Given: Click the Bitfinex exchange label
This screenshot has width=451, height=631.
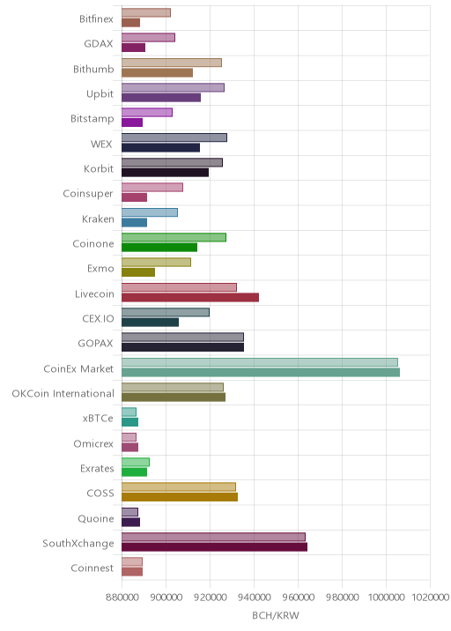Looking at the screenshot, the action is pyautogui.click(x=96, y=19).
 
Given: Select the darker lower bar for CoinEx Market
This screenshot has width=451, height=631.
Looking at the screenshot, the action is pyautogui.click(x=261, y=372).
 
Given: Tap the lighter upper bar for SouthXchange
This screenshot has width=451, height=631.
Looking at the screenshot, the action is pyautogui.click(x=214, y=537).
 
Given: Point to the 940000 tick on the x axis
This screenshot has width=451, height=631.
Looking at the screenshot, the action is pyautogui.click(x=254, y=597).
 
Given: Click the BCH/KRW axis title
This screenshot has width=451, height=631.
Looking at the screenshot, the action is pyautogui.click(x=276, y=616).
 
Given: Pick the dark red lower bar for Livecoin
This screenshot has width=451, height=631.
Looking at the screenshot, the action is pyautogui.click(x=190, y=297).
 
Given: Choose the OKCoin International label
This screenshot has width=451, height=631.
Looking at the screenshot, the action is pyautogui.click(x=63, y=393).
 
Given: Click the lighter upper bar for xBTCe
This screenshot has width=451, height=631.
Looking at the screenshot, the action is pyautogui.click(x=129, y=412).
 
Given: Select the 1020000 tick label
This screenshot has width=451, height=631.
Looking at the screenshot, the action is pyautogui.click(x=430, y=597).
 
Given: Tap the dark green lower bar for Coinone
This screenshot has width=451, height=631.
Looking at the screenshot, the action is pyautogui.click(x=159, y=248).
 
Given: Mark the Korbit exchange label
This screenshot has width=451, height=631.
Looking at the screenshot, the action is pyautogui.click(x=99, y=168).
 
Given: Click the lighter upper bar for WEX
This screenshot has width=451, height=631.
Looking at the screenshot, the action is pyautogui.click(x=174, y=137).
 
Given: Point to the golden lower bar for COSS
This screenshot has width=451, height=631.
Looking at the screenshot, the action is pyautogui.click(x=180, y=497).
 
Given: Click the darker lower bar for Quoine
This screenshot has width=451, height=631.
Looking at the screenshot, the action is pyautogui.click(x=130, y=522).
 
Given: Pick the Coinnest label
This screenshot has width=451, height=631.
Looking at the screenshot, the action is pyautogui.click(x=92, y=568).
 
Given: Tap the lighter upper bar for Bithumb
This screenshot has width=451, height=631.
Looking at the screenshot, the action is pyautogui.click(x=172, y=63).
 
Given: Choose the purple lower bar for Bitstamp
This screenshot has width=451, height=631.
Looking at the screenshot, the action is pyautogui.click(x=132, y=122).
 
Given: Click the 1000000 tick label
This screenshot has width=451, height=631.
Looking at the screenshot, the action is pyautogui.click(x=386, y=597).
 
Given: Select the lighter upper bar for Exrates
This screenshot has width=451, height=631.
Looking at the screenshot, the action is pyautogui.click(x=136, y=462).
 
